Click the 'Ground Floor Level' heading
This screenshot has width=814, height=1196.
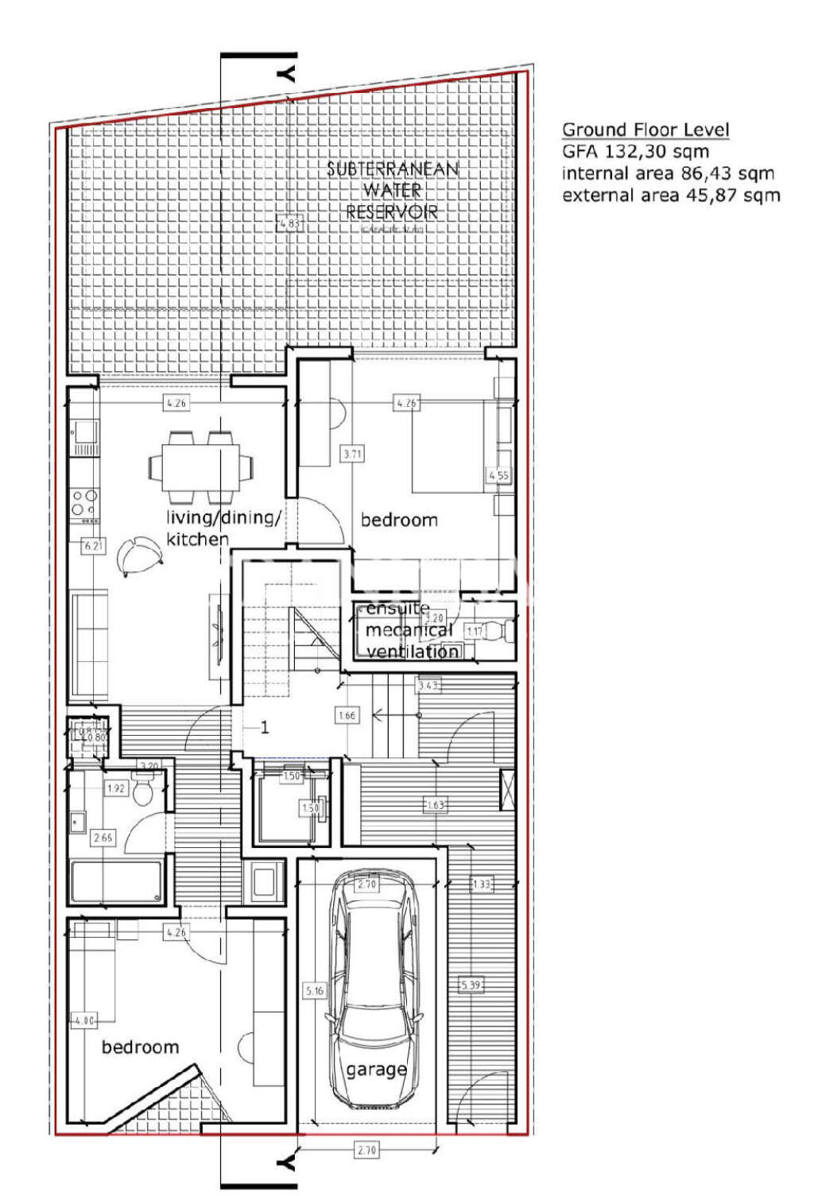(645, 130)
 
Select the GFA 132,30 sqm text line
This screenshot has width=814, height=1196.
(635, 152)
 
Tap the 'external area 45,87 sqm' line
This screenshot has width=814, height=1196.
(671, 195)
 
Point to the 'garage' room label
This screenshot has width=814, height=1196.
(376, 1070)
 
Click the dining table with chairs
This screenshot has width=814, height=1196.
(200, 467)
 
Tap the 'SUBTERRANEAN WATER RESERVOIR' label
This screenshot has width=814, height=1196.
(392, 191)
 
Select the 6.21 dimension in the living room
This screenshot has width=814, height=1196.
(93, 546)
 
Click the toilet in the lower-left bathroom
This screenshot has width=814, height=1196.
(144, 792)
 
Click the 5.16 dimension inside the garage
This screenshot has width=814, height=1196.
(315, 991)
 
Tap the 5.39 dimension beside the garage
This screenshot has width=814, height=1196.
(471, 985)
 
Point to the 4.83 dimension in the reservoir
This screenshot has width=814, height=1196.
(289, 224)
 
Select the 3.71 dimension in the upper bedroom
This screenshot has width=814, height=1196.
(352, 455)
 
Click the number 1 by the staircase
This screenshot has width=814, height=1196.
(265, 727)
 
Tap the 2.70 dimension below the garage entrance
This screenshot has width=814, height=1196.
(366, 1150)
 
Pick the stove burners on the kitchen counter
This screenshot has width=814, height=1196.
(85, 502)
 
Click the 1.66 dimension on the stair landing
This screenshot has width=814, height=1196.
(347, 715)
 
